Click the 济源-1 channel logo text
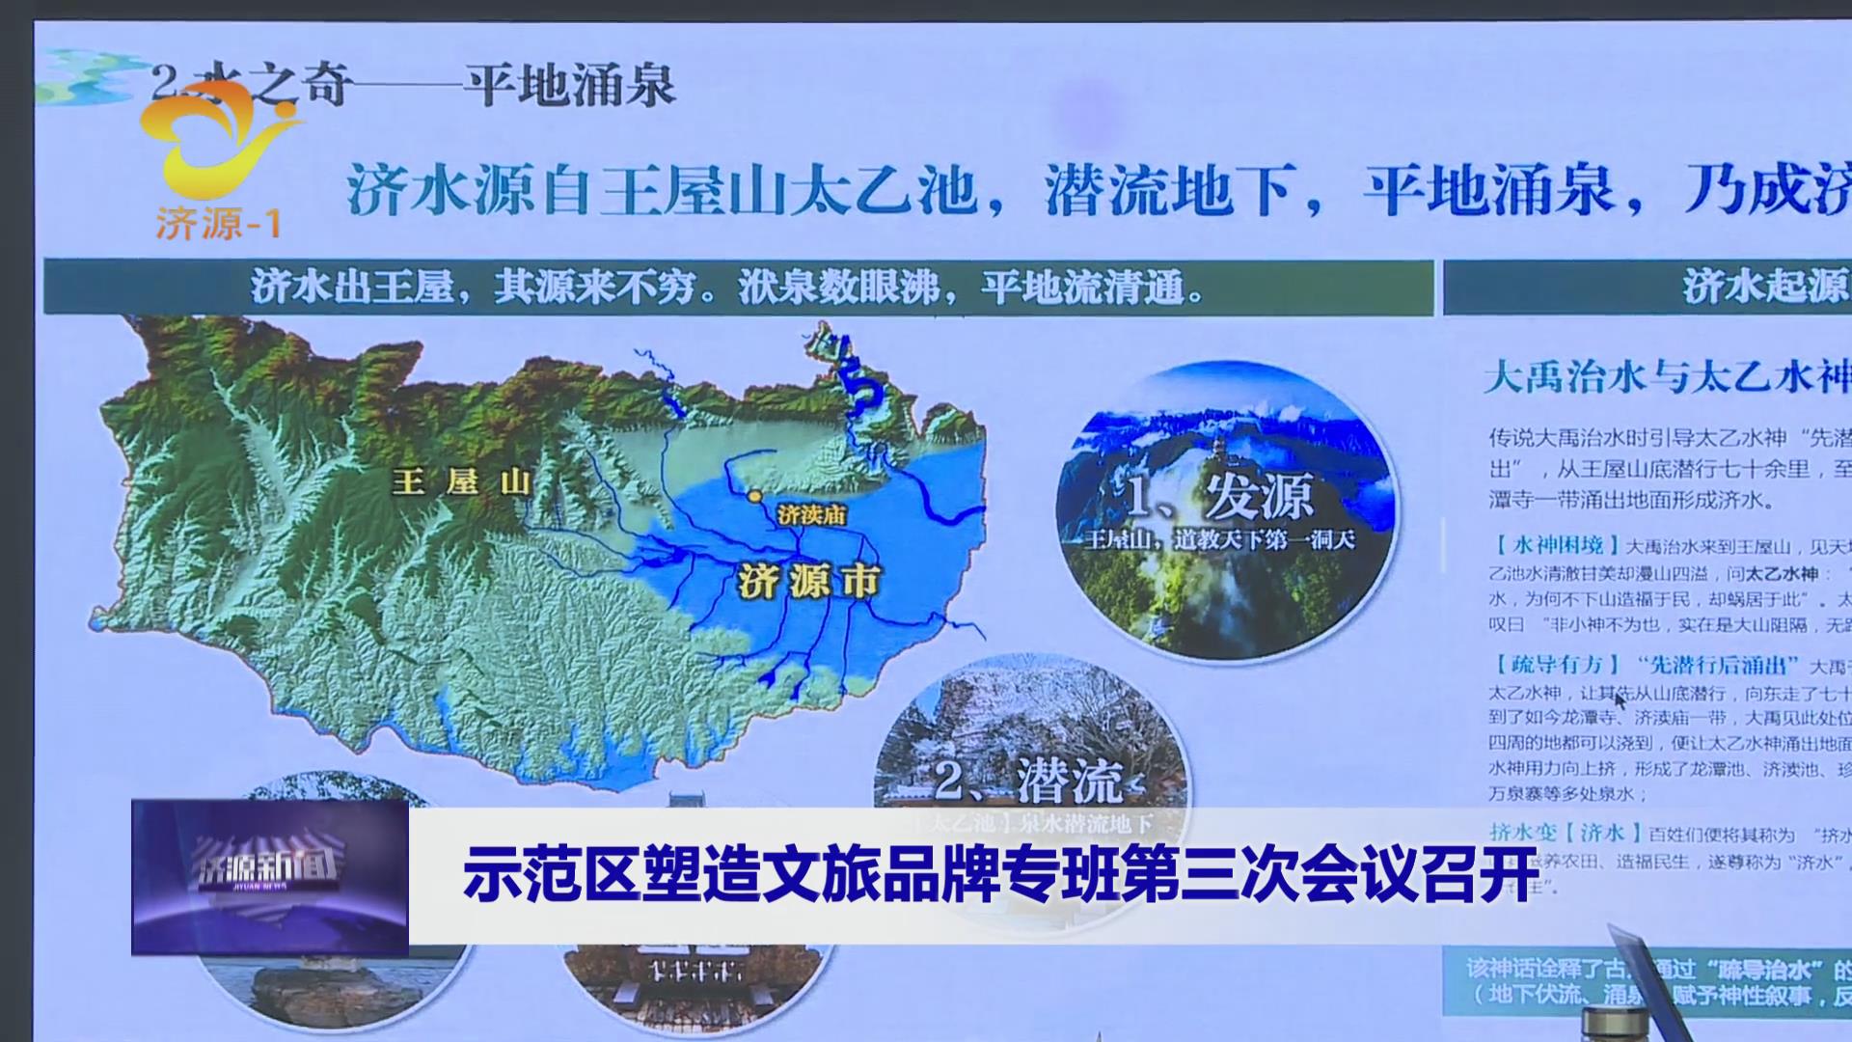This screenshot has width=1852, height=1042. pyautogui.click(x=218, y=223)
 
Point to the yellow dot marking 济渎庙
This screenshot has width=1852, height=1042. pyautogui.click(x=753, y=496)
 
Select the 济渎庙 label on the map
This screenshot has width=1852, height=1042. pyautogui.click(x=811, y=515)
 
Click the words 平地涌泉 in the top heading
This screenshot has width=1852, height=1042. pyautogui.click(x=569, y=85)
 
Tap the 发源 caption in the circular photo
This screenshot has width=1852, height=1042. pyautogui.click(x=1258, y=498)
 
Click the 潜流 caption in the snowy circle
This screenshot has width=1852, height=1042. pyautogui.click(x=1069, y=780)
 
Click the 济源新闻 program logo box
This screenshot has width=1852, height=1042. pyautogui.click(x=270, y=877)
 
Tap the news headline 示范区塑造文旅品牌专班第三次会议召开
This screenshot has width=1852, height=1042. pyautogui.click(x=999, y=874)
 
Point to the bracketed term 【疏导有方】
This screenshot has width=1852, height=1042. pyautogui.click(x=1554, y=665)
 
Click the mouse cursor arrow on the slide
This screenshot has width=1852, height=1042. pyautogui.click(x=1620, y=699)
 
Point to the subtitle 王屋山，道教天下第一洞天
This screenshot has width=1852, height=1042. pyautogui.click(x=1219, y=539)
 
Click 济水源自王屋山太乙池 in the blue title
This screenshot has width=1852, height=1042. pyautogui.click(x=662, y=189)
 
